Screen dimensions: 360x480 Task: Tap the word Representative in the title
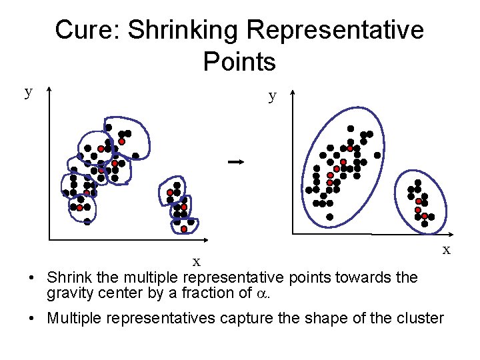click(334, 30)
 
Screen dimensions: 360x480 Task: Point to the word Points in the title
click(239, 62)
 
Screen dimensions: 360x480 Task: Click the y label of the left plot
click(29, 92)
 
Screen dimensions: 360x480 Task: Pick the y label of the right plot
click(272, 96)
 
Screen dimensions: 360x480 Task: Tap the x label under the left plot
click(197, 261)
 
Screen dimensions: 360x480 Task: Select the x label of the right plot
click(447, 250)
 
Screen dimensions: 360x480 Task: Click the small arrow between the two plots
click(233, 161)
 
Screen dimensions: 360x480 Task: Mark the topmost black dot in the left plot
click(108, 127)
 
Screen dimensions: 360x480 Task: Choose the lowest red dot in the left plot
click(184, 229)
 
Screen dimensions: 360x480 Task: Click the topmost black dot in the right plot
click(351, 128)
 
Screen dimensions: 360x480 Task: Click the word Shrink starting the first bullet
click(67, 277)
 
